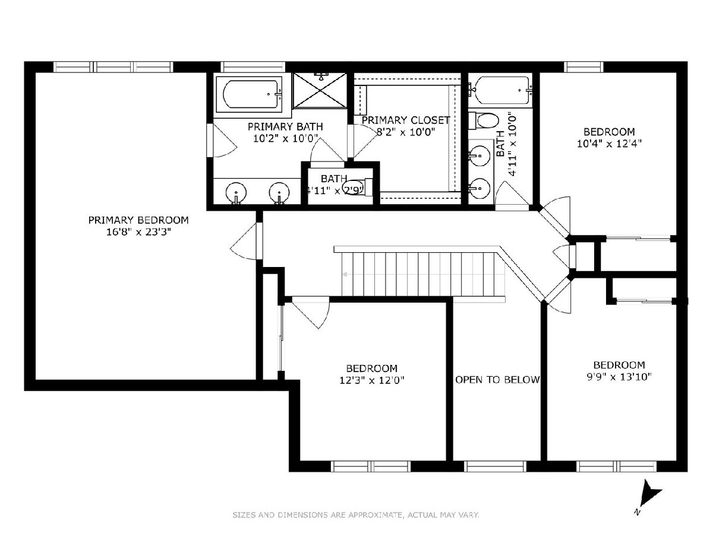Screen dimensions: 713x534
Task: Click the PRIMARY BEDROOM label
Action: [138, 220]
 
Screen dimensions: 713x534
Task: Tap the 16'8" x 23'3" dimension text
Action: [138, 232]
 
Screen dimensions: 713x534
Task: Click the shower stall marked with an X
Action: [320, 90]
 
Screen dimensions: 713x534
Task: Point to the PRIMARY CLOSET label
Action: [406, 120]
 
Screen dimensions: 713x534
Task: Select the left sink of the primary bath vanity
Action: [236, 193]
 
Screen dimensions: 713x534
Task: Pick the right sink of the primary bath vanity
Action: [279, 193]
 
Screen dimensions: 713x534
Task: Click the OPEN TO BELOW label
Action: [497, 380]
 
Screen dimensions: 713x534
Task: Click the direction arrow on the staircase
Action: [345, 275]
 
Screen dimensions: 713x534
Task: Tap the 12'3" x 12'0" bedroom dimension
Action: [372, 380]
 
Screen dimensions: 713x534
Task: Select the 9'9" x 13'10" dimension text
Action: [619, 377]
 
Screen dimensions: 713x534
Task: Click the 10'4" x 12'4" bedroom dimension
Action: [610, 144]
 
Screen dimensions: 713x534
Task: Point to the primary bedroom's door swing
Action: [244, 241]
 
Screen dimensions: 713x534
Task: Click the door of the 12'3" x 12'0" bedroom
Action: [310, 313]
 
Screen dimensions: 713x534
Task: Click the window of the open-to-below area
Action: [495, 466]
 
